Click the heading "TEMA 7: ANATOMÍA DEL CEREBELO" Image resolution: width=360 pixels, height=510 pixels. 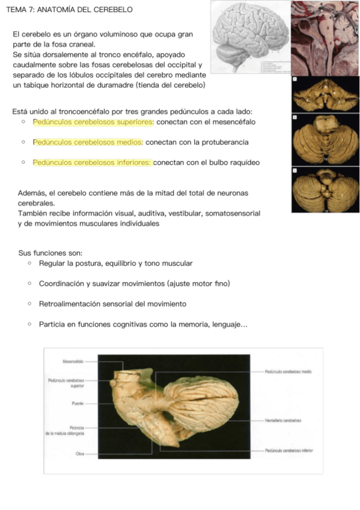[x=69, y=10]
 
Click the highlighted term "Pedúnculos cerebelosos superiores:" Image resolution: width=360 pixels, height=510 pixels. [x=94, y=122]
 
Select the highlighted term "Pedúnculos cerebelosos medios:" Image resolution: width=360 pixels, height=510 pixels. [x=88, y=143]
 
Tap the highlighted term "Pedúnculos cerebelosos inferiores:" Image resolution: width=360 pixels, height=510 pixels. [x=93, y=162]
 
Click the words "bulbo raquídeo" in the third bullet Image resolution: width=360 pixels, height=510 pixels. [x=234, y=162]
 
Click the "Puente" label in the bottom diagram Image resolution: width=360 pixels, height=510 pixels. [x=76, y=403]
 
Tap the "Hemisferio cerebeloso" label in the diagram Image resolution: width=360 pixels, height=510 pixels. [x=282, y=420]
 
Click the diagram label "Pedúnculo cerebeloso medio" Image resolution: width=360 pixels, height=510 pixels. [x=287, y=372]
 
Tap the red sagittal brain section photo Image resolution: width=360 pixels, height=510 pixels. [x=325, y=37]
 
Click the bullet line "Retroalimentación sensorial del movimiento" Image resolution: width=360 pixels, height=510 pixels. [x=112, y=304]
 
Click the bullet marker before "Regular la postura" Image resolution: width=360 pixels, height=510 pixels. [x=29, y=264]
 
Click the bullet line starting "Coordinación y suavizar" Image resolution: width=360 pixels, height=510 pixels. [x=134, y=284]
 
